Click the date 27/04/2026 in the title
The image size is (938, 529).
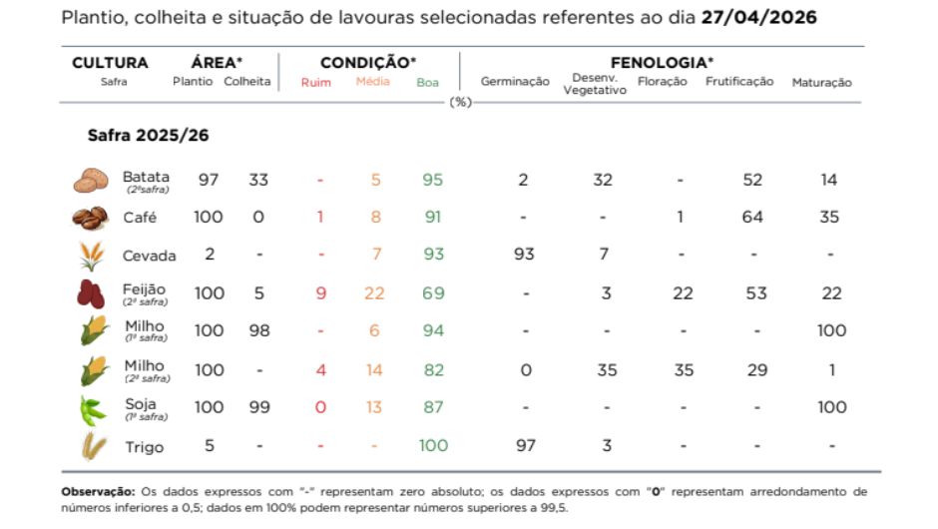click(759, 18)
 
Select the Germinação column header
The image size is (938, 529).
click(515, 82)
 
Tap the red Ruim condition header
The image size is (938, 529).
click(316, 82)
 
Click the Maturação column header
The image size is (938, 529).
click(821, 82)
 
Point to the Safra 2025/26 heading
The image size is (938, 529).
click(148, 135)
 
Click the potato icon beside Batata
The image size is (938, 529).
click(91, 181)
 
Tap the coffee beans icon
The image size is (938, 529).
click(91, 218)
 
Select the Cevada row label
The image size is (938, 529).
click(149, 256)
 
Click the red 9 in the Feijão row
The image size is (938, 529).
click(320, 293)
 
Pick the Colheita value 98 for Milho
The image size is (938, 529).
click(258, 330)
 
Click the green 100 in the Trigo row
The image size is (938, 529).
click(433, 445)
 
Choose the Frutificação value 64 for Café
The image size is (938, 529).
click(752, 218)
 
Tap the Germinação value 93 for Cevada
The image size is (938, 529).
click(524, 255)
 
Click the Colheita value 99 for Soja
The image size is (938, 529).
click(258, 407)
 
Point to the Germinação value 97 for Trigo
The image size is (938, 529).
click(524, 445)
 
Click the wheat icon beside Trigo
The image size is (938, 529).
click(93, 446)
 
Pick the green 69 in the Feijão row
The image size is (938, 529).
click(433, 293)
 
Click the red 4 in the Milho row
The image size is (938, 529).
click(320, 369)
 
